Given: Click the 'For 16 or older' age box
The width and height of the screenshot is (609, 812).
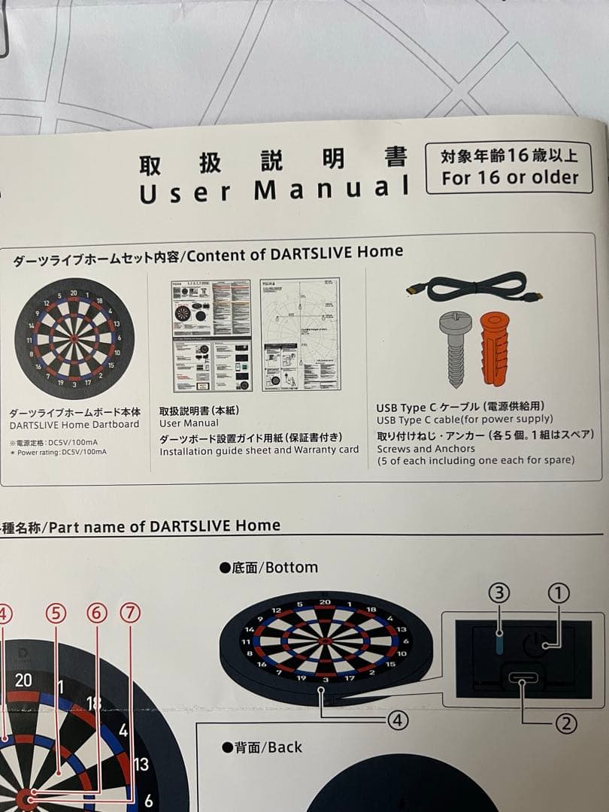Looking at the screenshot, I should click(509, 168).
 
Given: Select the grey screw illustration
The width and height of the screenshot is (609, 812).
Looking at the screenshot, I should click(456, 347).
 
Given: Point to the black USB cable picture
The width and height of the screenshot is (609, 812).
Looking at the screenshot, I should click(474, 289).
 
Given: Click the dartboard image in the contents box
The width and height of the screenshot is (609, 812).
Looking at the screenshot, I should click(74, 338).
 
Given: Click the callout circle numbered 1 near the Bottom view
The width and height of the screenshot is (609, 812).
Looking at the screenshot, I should click(557, 594).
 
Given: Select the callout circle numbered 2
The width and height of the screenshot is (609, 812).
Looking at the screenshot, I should click(565, 724).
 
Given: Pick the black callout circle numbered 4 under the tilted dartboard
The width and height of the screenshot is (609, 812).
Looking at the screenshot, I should click(398, 720).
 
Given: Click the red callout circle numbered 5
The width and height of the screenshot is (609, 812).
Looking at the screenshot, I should click(56, 614).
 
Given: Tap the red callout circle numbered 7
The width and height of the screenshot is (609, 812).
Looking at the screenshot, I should click(130, 614).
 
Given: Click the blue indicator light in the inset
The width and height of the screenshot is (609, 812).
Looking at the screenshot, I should click(500, 644).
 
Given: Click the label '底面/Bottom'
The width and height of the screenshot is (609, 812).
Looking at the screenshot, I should click(269, 568).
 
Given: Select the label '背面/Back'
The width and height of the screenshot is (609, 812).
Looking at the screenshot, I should click(262, 747).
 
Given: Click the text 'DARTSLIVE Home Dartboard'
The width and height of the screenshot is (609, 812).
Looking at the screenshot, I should click(74, 425).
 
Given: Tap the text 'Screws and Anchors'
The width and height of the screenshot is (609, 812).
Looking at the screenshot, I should click(426, 449).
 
